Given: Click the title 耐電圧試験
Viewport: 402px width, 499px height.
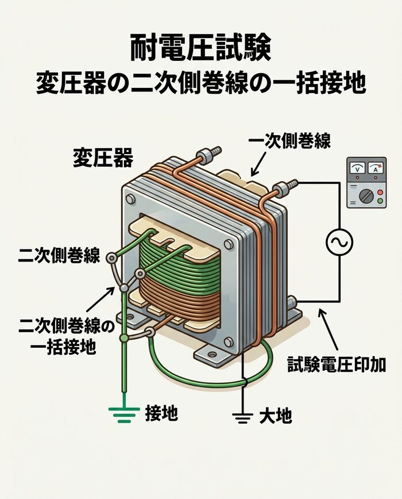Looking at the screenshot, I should click(200, 49).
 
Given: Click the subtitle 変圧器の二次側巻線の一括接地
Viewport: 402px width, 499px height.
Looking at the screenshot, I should click(200, 85).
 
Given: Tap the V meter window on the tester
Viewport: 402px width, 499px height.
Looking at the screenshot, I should click(358, 169).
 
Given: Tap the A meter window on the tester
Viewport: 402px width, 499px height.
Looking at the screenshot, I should click(376, 169).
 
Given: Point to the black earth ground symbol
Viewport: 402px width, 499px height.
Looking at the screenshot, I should click(243, 417).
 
